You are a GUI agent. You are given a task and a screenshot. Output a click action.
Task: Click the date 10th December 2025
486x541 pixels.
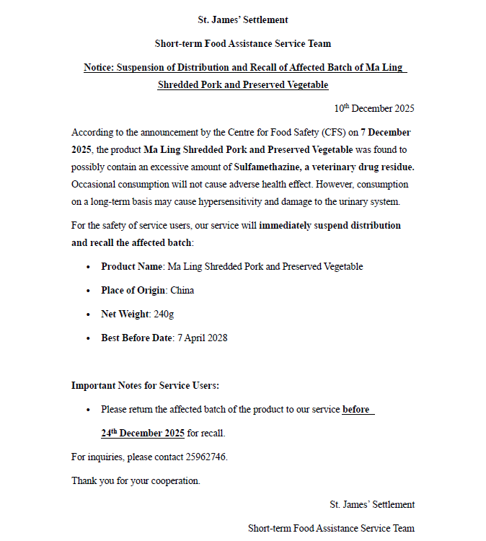pos(374,109)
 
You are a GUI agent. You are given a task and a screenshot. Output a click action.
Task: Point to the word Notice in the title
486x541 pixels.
pos(99,68)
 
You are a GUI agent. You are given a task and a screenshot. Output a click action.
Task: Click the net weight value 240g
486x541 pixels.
pos(164,314)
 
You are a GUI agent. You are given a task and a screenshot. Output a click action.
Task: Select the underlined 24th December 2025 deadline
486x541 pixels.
pos(143,434)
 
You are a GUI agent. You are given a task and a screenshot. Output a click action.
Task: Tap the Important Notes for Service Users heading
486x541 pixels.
pos(145,386)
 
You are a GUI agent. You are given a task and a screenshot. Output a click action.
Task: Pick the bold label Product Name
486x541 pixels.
pos(131,266)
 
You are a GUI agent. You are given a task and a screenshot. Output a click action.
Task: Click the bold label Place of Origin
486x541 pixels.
pos(133,290)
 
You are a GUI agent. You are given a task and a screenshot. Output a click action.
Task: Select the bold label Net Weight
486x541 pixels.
pos(125,314)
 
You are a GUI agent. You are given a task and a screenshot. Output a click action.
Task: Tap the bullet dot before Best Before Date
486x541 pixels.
pos(88,338)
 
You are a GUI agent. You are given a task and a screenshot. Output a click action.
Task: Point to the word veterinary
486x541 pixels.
pos(339,167)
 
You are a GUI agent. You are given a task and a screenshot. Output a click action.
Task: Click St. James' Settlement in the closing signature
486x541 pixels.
pos(372,504)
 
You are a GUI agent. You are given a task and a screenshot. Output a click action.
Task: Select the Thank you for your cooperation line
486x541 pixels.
pos(136,480)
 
